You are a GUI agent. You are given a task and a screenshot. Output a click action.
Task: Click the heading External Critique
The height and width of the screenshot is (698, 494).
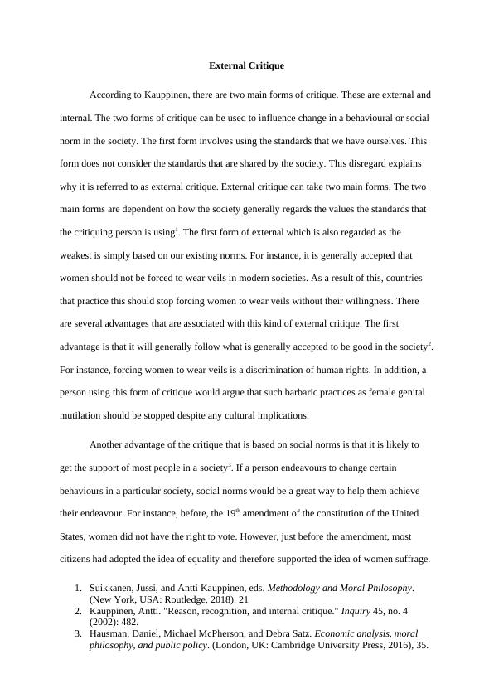click(x=247, y=64)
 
